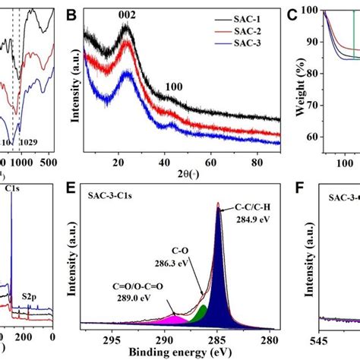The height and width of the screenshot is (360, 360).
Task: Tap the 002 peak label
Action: tap(125, 14)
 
